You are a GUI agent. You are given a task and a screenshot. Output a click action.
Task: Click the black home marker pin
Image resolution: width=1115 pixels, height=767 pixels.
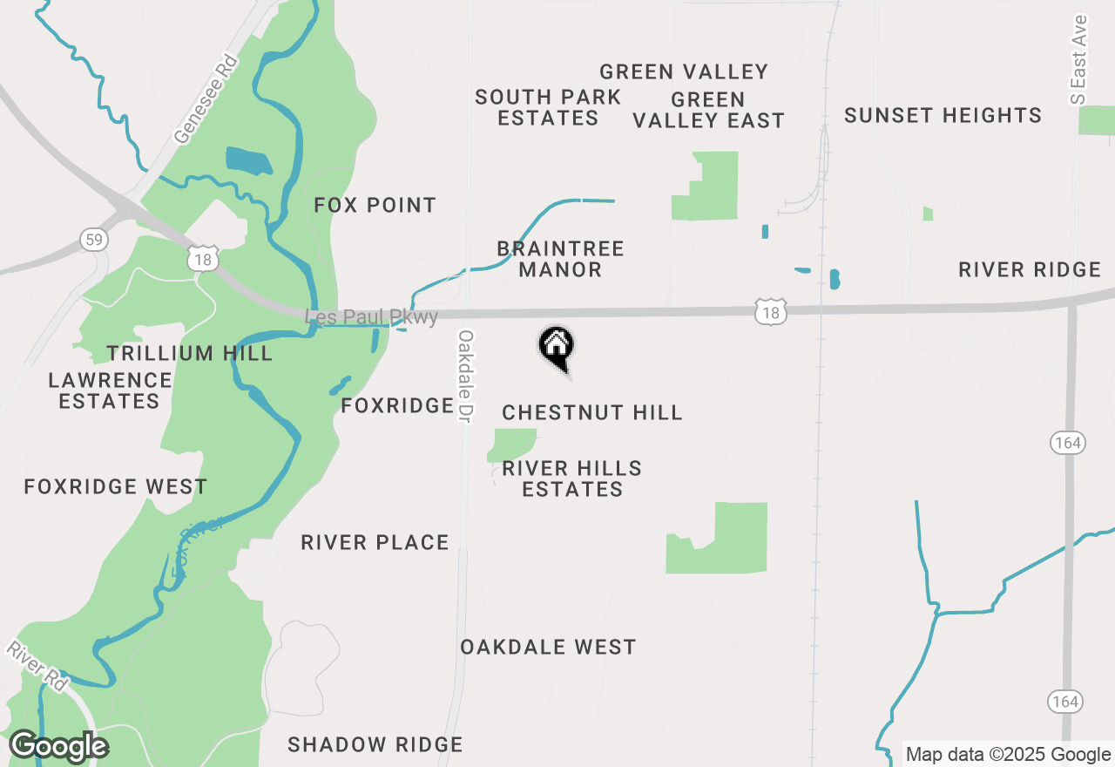[x=556, y=347]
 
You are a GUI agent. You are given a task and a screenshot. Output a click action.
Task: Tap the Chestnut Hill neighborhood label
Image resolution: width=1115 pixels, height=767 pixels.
[x=592, y=412]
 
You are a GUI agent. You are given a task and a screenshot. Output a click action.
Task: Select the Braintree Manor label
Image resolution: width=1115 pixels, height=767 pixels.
[x=560, y=260]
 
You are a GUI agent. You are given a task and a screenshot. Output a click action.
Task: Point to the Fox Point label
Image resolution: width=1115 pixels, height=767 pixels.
[x=375, y=206]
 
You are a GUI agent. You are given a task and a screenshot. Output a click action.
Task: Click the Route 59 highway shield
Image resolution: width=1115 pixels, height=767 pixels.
[x=92, y=239]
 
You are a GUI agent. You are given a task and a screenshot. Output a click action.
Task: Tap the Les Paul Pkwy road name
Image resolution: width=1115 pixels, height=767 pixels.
[x=372, y=317]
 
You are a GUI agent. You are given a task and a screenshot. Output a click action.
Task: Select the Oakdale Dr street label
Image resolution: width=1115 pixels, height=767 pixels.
[x=466, y=377]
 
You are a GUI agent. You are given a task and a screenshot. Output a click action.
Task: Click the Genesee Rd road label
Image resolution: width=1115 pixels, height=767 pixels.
[x=206, y=99]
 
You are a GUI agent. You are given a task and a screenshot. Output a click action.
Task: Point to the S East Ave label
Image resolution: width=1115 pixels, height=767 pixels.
[x=1080, y=59]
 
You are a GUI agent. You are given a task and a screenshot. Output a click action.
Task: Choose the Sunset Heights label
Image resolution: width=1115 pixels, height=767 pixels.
[x=943, y=115]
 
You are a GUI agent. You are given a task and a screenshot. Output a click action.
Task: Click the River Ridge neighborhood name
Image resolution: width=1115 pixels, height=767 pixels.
[x=1030, y=270]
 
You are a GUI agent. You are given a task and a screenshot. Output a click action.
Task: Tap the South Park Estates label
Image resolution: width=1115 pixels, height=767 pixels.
[x=548, y=108]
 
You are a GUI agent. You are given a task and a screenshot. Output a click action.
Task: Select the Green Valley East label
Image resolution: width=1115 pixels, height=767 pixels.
[x=708, y=111]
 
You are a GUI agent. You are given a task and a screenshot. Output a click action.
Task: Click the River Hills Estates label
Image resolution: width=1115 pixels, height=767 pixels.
[x=572, y=479]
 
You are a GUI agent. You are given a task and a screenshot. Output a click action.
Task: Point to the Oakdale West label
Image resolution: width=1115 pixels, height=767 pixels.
[x=548, y=647]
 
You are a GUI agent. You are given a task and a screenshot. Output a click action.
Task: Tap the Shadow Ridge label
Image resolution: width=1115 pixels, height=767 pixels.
[x=375, y=744]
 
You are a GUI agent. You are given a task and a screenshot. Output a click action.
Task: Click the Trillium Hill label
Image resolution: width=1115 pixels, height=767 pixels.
[x=190, y=353]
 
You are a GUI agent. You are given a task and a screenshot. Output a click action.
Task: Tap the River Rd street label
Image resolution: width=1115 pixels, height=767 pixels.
[x=37, y=667]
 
